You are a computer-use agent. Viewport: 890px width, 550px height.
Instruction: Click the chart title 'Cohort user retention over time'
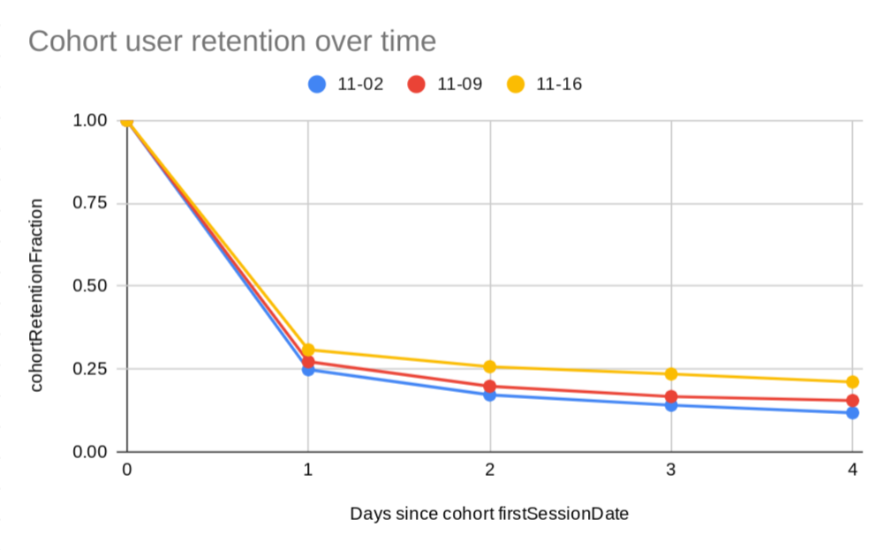(x=232, y=41)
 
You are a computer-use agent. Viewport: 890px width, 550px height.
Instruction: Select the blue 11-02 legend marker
(x=318, y=85)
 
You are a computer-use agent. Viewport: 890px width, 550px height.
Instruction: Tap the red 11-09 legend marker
(x=417, y=85)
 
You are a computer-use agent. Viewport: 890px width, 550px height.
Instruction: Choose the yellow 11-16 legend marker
(x=517, y=85)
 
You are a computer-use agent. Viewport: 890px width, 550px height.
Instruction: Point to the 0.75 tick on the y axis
(x=88, y=203)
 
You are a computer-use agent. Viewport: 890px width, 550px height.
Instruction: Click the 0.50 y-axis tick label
(x=88, y=286)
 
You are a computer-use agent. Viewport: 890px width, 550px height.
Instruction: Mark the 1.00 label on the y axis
(x=88, y=120)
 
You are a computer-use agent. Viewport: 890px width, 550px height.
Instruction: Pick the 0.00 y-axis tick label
(x=88, y=451)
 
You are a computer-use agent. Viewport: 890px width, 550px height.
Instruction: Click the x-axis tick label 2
(x=490, y=471)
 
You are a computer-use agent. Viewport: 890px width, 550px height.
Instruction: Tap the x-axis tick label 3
(x=671, y=471)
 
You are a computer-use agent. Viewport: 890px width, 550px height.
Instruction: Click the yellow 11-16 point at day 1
(x=308, y=350)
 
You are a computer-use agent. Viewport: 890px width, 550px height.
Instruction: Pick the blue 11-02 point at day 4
(x=852, y=412)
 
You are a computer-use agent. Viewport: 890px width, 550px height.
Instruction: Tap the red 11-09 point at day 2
(x=490, y=386)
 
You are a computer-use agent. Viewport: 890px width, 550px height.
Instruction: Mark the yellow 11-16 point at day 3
(x=671, y=374)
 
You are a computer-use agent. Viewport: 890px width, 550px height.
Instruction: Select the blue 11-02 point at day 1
(x=308, y=370)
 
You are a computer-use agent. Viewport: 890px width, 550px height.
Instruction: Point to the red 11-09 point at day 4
(x=852, y=400)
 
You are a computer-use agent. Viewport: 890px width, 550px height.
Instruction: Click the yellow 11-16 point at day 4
(x=852, y=382)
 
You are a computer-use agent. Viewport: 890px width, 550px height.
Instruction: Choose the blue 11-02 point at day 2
(x=490, y=395)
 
